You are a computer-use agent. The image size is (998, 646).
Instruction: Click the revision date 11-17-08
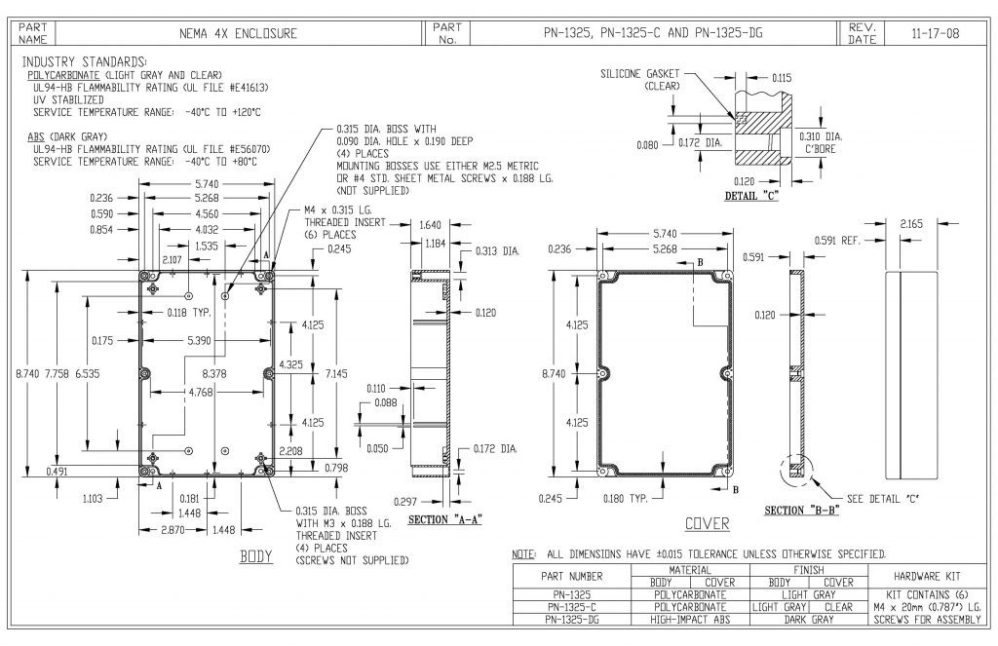coord(935,34)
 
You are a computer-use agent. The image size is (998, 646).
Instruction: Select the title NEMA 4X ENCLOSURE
coord(238,34)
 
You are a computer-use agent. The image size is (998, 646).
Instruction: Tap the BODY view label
coord(256,557)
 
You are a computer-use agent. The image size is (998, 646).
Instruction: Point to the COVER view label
coord(707,524)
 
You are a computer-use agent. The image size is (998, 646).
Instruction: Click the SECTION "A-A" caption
coord(444,520)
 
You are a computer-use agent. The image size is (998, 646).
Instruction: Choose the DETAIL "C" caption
coord(751,196)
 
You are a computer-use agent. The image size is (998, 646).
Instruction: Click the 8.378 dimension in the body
coord(213,373)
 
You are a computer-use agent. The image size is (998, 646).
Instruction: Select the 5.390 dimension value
coord(199,340)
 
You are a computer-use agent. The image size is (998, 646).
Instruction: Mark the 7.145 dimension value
coord(336,373)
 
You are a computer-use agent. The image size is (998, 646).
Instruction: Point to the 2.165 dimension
coord(911,223)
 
